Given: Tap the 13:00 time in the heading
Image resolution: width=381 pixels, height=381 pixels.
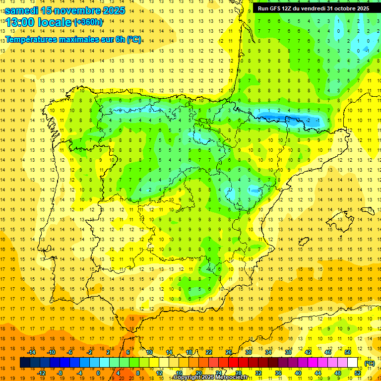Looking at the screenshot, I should click(20, 22).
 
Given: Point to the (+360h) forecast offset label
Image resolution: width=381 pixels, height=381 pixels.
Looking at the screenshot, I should click(88, 22).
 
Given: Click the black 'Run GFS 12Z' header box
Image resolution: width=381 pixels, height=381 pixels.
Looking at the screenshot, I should click(313, 8).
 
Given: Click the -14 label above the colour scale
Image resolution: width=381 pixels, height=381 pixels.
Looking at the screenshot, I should click(32, 352).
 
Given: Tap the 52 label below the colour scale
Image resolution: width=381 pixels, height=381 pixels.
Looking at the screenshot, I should click(358, 373).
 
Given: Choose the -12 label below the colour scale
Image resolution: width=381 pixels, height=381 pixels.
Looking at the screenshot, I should click(42, 373).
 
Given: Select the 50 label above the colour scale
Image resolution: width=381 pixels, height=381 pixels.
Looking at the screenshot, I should click(348, 352).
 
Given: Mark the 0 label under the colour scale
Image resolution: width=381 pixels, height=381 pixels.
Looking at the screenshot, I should click(98, 373).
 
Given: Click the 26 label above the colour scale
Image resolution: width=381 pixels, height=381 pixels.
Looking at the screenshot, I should click(229, 352).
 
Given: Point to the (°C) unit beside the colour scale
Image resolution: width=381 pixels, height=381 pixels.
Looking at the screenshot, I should click(370, 363).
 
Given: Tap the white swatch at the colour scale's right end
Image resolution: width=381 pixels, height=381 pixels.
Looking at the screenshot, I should click(353, 363).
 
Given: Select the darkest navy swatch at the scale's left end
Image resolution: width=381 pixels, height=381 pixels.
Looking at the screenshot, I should click(25, 363).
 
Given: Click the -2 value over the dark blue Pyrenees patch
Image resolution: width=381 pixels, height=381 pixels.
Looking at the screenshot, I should click(308, 120).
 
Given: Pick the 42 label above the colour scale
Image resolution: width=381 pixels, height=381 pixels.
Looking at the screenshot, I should click(308, 352).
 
